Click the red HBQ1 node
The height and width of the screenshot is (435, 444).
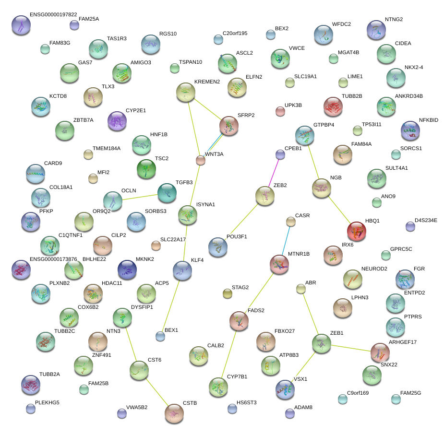(357, 231)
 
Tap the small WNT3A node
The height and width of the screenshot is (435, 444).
(201, 160)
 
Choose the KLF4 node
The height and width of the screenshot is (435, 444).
(182, 271)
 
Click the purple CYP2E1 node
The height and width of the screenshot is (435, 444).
(116, 121)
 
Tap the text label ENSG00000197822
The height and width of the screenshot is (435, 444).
(53, 14)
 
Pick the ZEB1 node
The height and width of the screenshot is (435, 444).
(321, 343)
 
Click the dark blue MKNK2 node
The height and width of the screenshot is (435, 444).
(127, 270)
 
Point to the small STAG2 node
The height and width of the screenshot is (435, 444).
(228, 294)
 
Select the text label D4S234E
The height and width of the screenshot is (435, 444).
(426, 221)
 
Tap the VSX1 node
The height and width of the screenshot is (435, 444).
(285, 390)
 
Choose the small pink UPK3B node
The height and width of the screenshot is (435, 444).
(280, 112)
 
